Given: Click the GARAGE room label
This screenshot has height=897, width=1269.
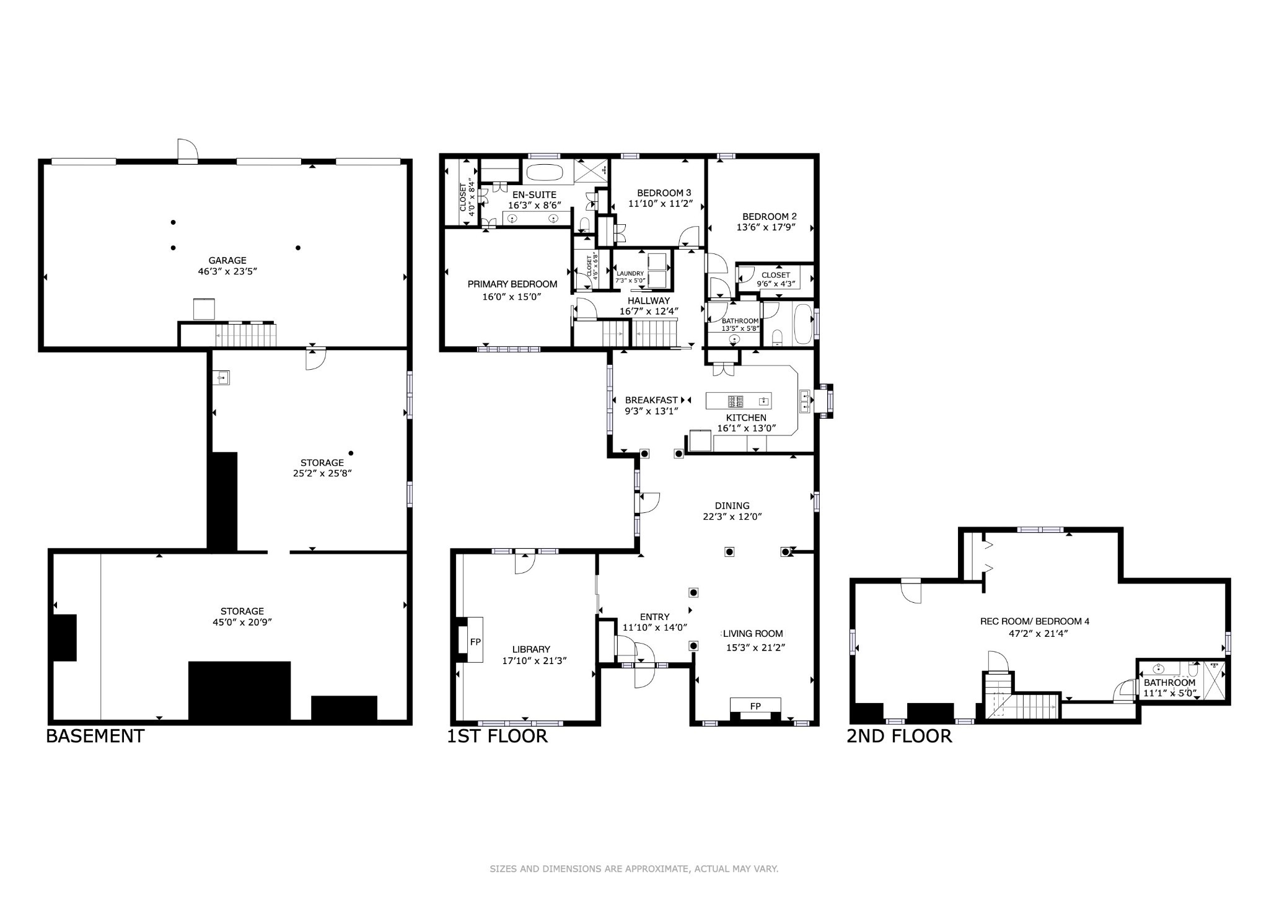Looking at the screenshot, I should (x=227, y=261).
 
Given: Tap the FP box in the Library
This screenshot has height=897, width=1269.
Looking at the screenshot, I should (x=475, y=642).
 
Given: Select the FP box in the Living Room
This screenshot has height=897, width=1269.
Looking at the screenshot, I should (x=755, y=706).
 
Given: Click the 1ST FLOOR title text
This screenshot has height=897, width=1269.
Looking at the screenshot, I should (x=497, y=736).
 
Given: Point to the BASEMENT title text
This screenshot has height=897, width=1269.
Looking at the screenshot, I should (x=95, y=736).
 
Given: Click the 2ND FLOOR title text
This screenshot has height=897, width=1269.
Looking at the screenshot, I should (x=899, y=736).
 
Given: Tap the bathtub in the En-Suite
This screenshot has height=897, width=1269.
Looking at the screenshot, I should (x=545, y=172).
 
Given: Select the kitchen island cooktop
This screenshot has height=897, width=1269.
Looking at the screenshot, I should (x=735, y=401).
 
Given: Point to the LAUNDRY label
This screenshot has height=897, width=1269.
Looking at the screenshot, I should (x=630, y=273).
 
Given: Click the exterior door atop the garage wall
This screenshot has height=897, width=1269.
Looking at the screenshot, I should (x=187, y=151).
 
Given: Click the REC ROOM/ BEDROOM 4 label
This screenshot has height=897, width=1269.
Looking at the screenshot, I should (x=1034, y=621).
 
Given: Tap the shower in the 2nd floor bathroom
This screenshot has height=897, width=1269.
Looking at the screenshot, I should (x=1214, y=679).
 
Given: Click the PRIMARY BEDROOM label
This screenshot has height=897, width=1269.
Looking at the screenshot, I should (x=512, y=284).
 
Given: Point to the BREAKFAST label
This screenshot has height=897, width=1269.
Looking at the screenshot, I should (x=651, y=400).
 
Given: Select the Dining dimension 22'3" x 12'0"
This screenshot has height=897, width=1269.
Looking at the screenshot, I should (x=732, y=517).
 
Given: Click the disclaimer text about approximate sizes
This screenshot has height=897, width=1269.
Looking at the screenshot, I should (x=634, y=869).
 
